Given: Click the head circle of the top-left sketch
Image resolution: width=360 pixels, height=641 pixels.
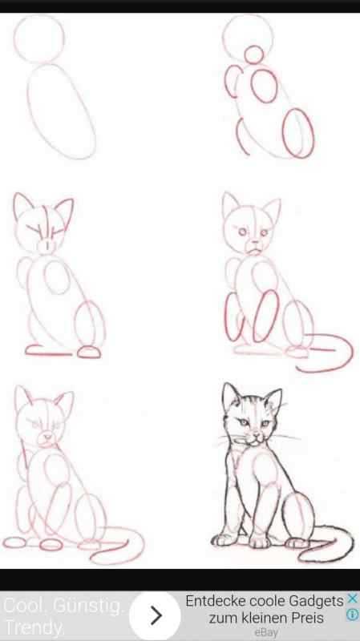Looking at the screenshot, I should (x=39, y=38).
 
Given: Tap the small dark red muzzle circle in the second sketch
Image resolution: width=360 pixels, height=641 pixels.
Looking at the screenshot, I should (x=253, y=54).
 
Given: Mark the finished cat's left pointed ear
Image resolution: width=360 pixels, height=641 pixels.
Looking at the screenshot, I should (x=232, y=394).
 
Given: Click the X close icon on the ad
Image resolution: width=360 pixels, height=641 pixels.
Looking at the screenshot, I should (x=351, y=599).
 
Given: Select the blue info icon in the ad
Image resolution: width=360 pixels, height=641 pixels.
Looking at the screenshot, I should (x=351, y=615).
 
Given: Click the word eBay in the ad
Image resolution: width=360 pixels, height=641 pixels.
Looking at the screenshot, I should (x=265, y=633).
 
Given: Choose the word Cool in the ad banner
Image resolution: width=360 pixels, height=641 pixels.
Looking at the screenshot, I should (x=23, y=607).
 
